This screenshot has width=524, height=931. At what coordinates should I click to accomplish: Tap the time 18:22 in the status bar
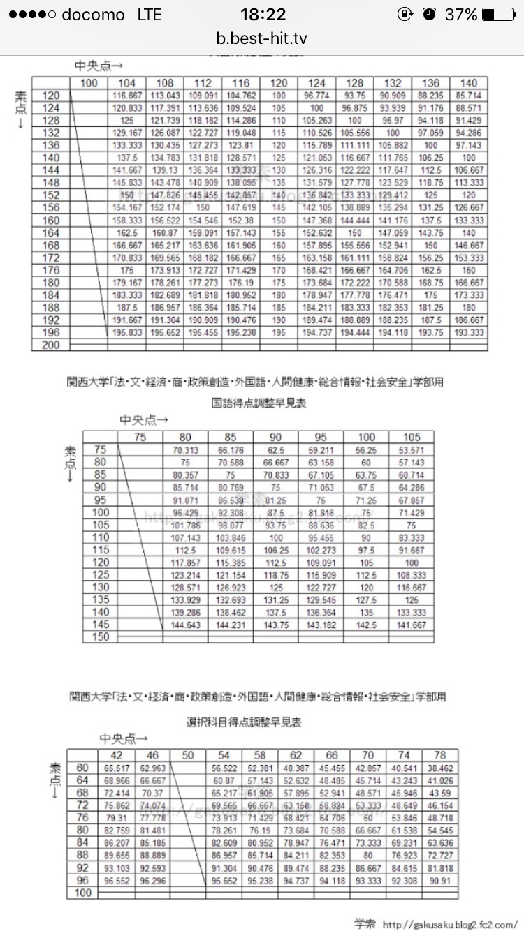tap(262, 15)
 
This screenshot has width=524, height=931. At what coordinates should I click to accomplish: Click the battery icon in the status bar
tap(498, 15)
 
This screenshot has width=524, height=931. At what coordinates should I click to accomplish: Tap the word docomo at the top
tap(93, 15)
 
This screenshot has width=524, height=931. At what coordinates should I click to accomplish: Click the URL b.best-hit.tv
tap(262, 38)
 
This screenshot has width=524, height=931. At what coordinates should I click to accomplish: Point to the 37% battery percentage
tap(461, 15)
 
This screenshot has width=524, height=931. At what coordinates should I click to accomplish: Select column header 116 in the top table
tap(240, 84)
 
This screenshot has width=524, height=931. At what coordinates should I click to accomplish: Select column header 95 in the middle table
tap(320, 438)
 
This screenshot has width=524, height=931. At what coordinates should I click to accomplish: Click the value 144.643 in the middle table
tap(185, 625)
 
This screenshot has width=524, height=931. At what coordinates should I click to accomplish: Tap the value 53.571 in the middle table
tap(411, 450)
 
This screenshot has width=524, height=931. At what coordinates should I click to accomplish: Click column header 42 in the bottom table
tap(117, 754)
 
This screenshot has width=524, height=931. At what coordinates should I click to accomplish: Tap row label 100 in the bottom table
tap(82, 893)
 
